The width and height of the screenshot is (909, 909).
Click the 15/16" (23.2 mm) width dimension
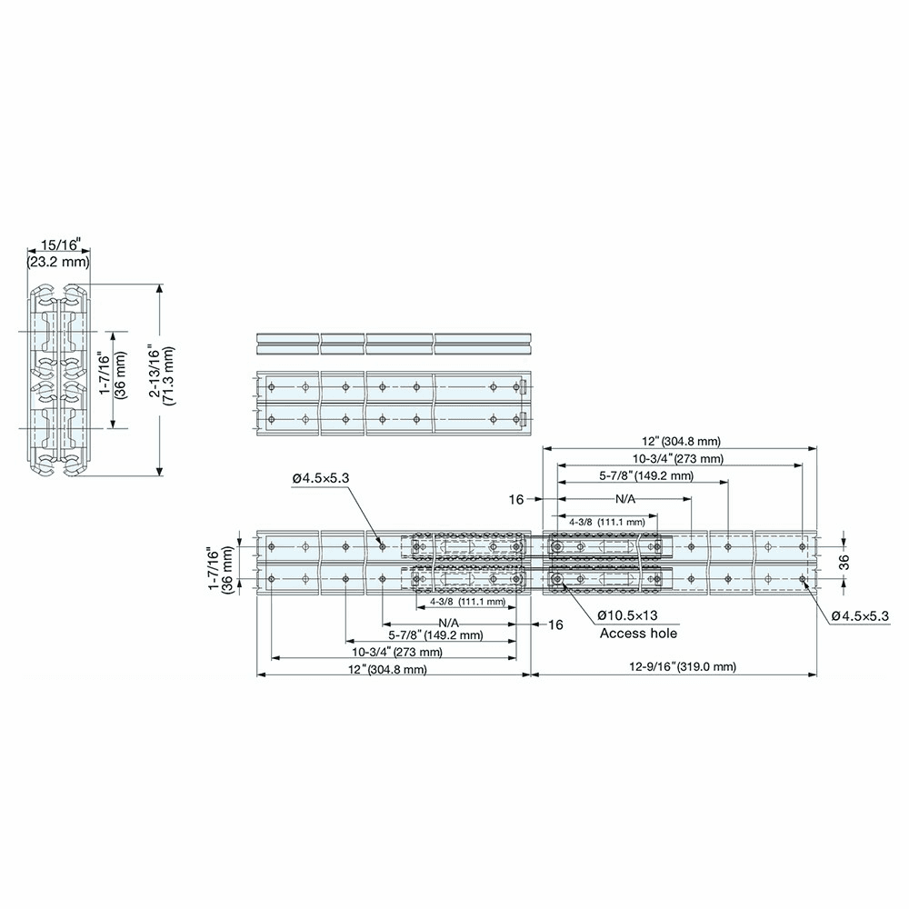point(58,254)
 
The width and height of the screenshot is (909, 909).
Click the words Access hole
point(638,633)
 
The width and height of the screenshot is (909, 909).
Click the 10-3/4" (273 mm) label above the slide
point(679,458)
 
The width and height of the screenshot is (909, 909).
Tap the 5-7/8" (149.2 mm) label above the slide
point(645,475)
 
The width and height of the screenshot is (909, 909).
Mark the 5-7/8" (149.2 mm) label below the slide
point(435,634)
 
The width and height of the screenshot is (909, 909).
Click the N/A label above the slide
point(625,500)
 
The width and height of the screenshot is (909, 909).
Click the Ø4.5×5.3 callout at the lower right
point(859,616)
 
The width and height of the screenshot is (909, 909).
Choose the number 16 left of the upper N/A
point(516,500)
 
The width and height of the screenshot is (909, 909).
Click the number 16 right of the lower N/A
point(555,624)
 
